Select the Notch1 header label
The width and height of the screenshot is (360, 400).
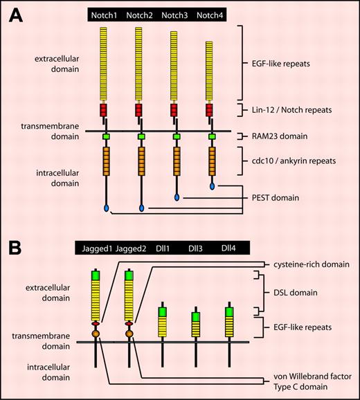click(x=107, y=14)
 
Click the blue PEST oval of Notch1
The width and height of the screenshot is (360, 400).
click(x=106, y=208)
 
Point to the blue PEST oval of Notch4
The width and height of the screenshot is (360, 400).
click(x=210, y=185)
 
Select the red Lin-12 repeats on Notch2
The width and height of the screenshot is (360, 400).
click(x=141, y=110)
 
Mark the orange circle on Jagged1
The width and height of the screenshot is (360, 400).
click(x=96, y=334)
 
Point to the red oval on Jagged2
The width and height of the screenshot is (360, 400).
click(x=128, y=324)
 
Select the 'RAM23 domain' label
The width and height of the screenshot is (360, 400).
click(x=274, y=137)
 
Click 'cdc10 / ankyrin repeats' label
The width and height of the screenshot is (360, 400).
click(x=296, y=161)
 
